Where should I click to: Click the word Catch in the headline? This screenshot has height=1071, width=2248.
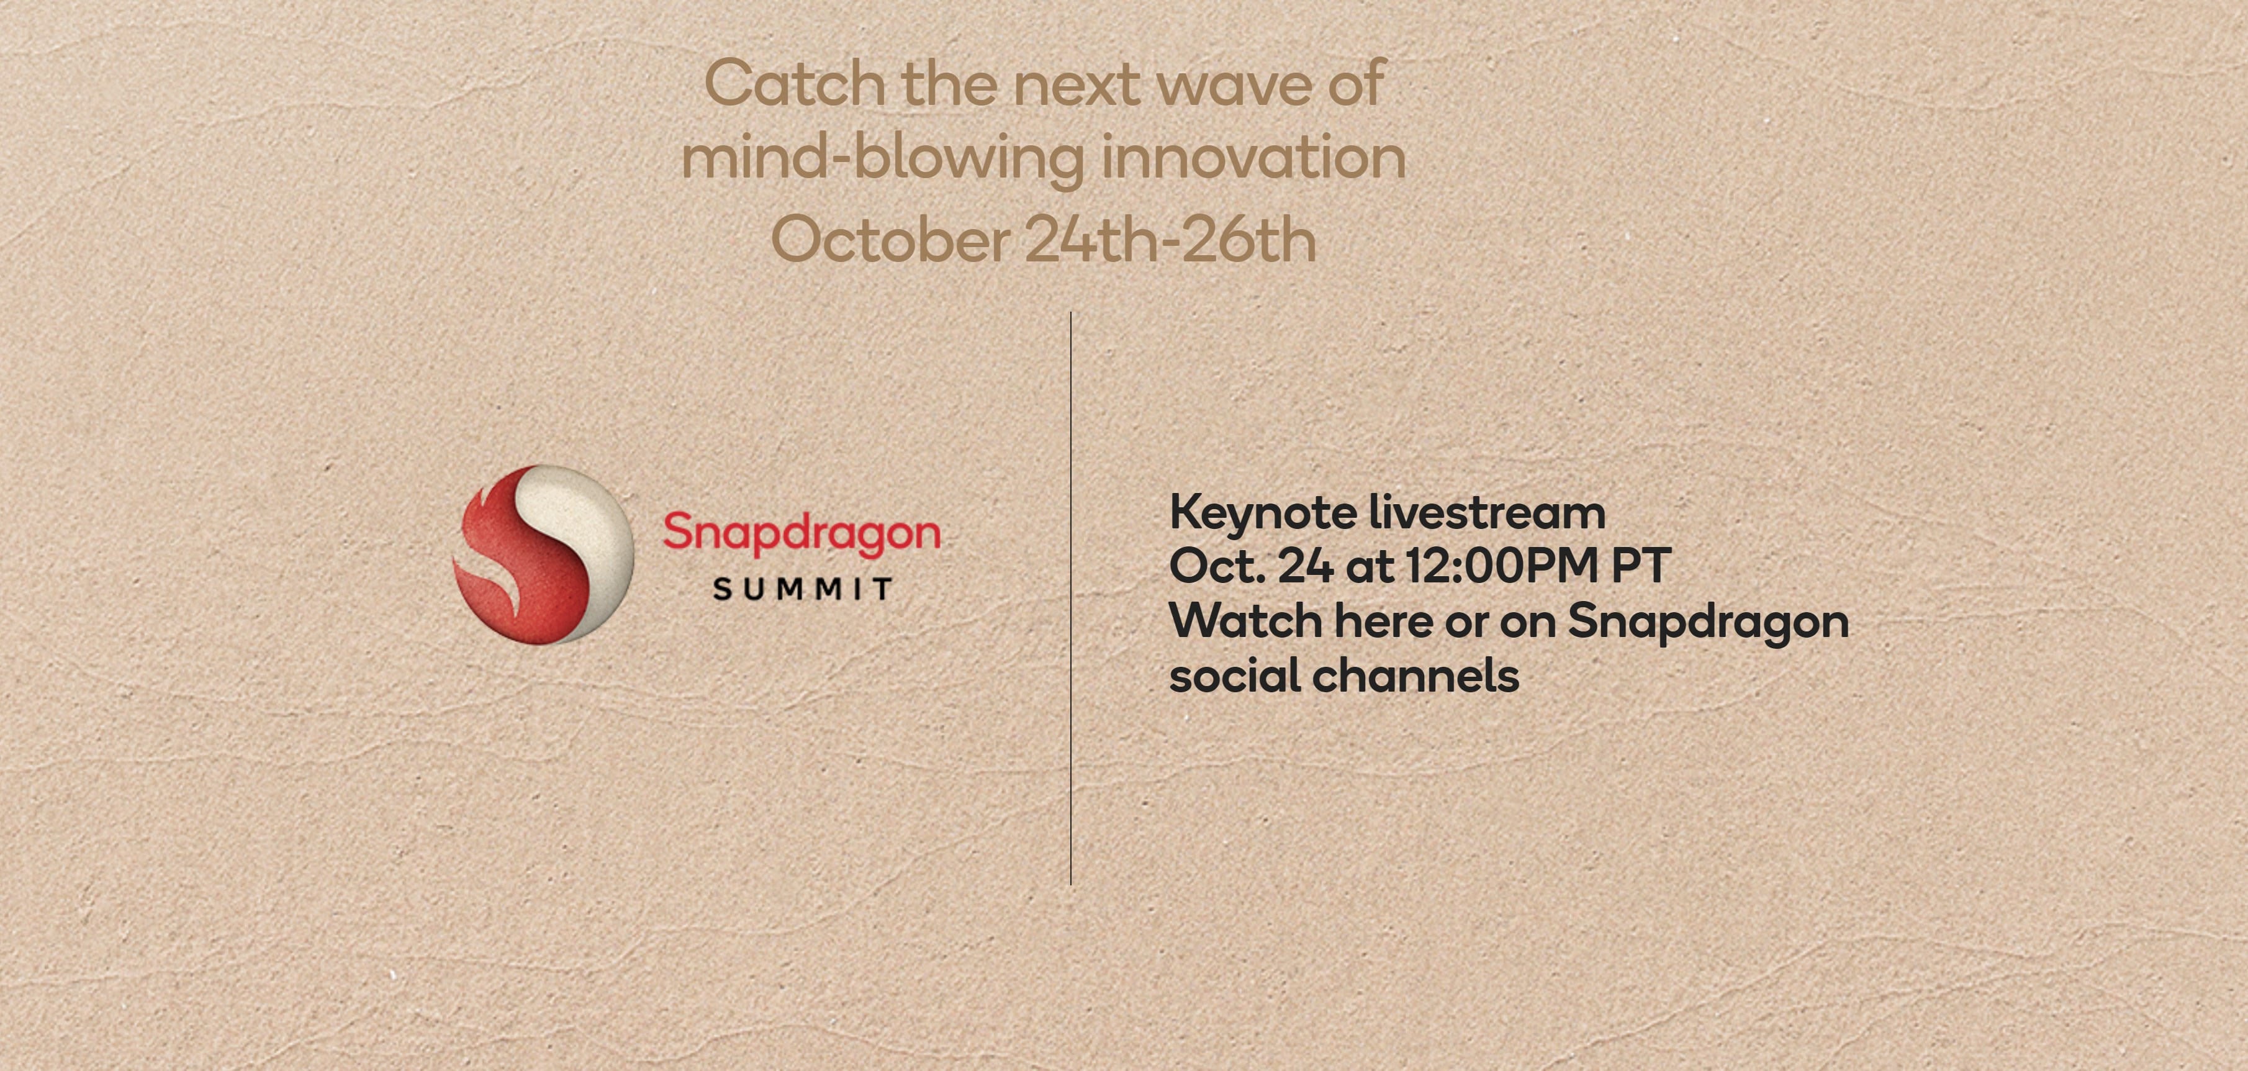(x=794, y=84)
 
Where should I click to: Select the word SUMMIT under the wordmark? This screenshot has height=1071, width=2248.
(x=802, y=589)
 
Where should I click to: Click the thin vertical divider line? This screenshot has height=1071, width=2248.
(x=1071, y=598)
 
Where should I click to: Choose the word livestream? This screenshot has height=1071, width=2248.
(x=1487, y=512)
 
